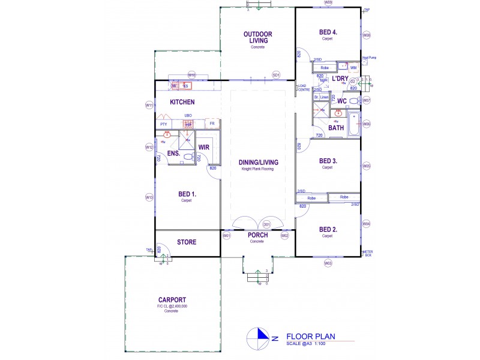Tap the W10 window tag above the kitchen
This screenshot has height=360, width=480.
pyautogui.click(x=192, y=75)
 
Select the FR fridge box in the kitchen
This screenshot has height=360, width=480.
pyautogui.click(x=211, y=124)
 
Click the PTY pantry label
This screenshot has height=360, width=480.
pyautogui.click(x=163, y=124)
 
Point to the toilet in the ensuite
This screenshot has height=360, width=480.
pyautogui.click(x=187, y=157)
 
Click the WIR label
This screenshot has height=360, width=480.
pyautogui.click(x=204, y=146)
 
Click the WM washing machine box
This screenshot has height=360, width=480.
pyautogui.click(x=353, y=68)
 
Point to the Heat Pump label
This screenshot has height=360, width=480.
pyautogui.click(x=368, y=58)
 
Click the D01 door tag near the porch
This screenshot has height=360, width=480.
pyautogui.click(x=266, y=224)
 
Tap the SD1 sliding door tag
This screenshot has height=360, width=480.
pyautogui.click(x=276, y=75)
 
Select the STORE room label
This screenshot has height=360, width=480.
pyautogui.click(x=187, y=242)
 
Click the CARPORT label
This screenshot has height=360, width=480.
pyautogui.click(x=172, y=300)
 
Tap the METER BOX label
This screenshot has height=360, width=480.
pyautogui.click(x=369, y=254)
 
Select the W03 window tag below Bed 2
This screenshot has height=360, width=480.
pyautogui.click(x=328, y=263)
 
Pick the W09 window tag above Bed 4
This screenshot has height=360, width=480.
pyautogui.click(x=328, y=3)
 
